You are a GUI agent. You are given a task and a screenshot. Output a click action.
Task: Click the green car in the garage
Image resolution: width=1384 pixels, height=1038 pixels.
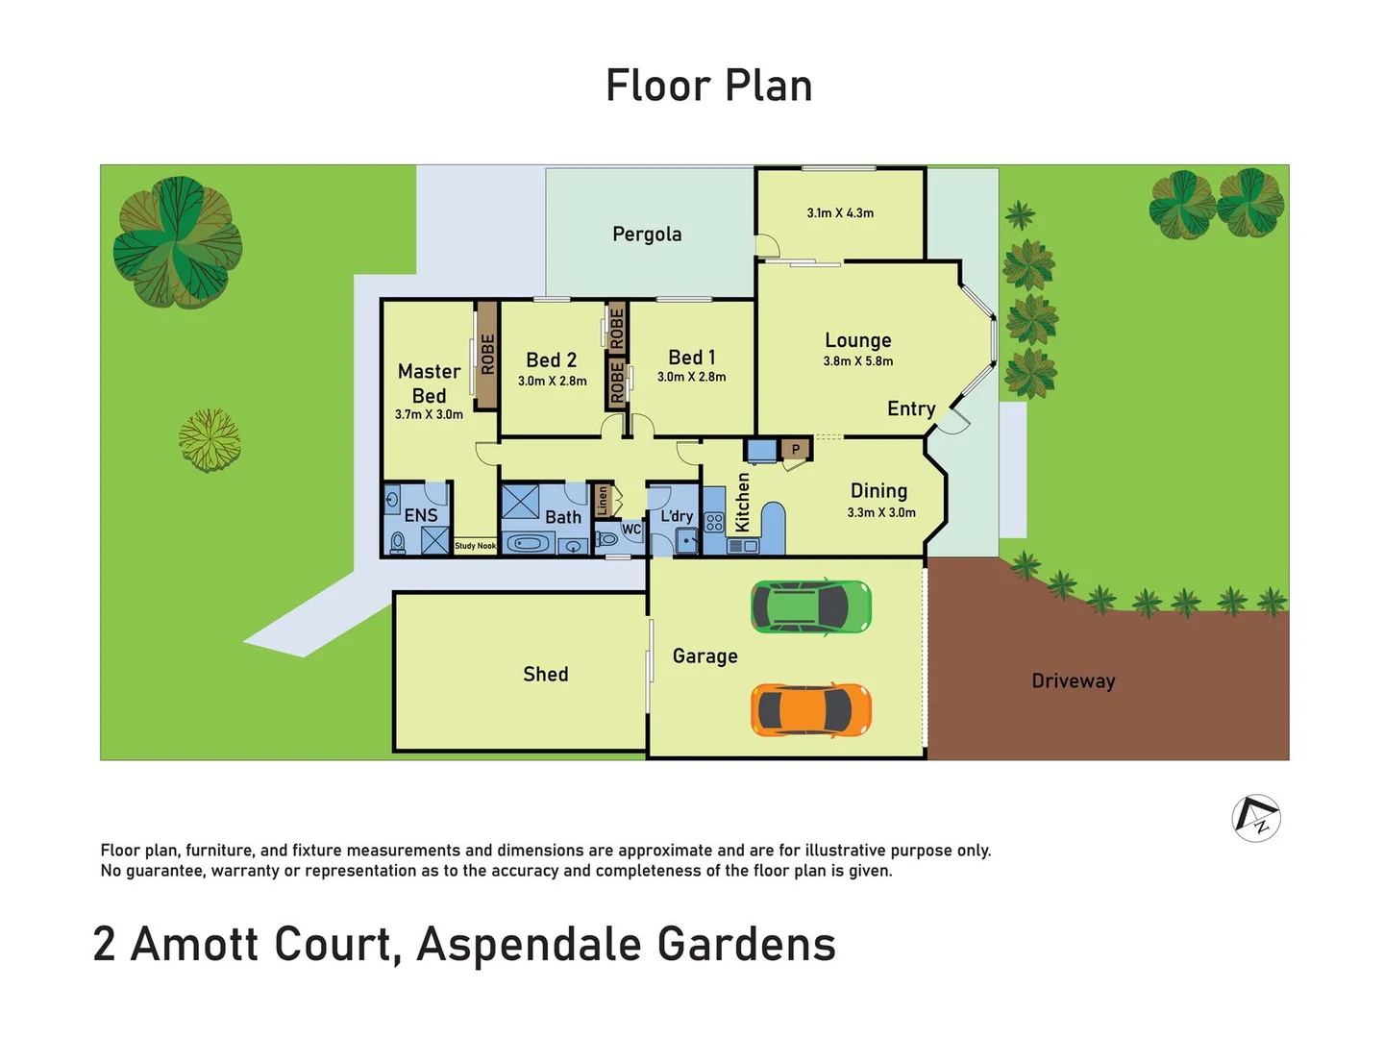810,606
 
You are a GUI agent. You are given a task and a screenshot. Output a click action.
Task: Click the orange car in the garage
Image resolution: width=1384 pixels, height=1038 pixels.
810,710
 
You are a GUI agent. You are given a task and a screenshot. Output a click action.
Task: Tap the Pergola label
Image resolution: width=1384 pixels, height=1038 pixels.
647,235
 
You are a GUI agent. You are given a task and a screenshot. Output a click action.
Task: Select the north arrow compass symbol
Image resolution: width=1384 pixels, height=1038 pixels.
1256,819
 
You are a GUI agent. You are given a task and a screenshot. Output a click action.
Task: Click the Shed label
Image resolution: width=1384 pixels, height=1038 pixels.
545,675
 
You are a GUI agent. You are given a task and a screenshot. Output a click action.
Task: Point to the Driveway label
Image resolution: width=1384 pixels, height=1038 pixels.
1073,681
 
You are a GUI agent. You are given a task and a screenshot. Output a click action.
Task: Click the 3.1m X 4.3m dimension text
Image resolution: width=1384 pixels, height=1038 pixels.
840,213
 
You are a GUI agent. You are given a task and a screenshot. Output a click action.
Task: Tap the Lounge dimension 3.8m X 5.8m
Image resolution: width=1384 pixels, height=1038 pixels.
857,361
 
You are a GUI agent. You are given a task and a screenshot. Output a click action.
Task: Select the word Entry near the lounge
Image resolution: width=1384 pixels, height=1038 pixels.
910,409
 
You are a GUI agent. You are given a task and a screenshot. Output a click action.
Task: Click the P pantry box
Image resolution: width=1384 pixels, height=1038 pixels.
796,449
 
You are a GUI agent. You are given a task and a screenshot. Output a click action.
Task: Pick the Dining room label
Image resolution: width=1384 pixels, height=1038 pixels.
878,491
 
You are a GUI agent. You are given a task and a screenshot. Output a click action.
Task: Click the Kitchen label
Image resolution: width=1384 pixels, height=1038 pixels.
742,502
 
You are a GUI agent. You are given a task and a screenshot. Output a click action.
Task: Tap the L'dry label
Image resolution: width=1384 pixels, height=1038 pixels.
677,516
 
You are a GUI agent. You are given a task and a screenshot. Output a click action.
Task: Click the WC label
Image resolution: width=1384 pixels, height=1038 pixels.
631,530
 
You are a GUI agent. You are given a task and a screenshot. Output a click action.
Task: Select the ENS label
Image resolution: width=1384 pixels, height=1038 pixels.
421,516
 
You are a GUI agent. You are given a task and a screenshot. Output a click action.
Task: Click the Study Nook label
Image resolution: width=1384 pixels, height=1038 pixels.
475,546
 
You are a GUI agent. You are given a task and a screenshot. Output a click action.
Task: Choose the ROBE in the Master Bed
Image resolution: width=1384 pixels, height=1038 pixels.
487,354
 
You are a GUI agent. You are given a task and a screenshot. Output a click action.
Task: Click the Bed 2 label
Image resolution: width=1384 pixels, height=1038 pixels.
551,360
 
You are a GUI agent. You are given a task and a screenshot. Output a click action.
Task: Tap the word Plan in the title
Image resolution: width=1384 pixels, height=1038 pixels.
768,86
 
